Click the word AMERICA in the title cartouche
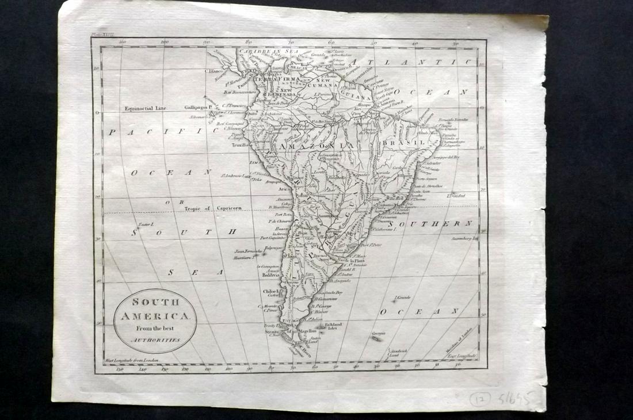pos(155,316)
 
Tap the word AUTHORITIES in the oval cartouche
pos(155,340)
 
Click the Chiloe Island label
pos(270,292)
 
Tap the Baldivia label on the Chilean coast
pos(270,276)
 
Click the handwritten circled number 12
pos(480,399)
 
